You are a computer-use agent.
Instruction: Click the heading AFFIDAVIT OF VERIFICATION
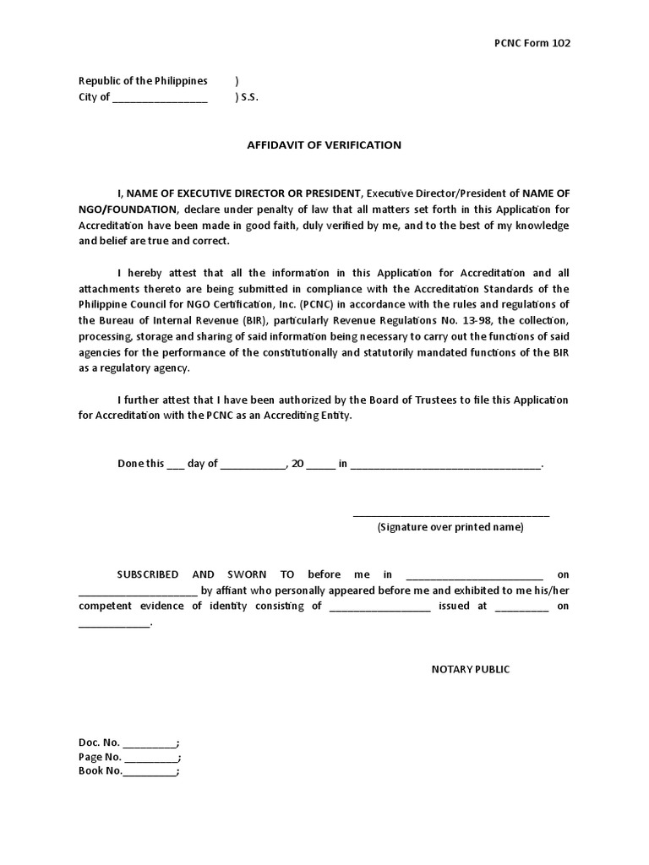tap(324, 145)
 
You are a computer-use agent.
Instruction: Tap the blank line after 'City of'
tap(159, 98)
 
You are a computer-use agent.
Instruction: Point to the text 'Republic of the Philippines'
tap(143, 81)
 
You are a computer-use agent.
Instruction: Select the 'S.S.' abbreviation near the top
tap(249, 97)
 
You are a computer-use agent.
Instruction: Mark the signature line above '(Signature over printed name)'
tap(450, 514)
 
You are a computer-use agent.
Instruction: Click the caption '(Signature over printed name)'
tap(450, 527)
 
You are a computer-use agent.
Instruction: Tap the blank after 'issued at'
tap(521, 607)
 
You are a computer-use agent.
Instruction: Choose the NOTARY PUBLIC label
tap(471, 670)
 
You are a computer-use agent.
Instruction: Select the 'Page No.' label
tap(100, 758)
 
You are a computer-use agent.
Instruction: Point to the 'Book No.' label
tap(101, 771)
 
